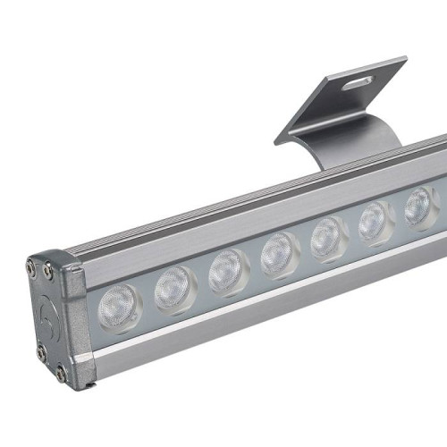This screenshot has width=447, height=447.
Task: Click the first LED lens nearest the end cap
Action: click(x=119, y=303)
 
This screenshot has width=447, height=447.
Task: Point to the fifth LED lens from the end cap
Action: click(x=328, y=237)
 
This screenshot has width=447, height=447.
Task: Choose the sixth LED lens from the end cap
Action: click(x=375, y=221)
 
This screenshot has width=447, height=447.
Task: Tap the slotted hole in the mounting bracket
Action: click(x=357, y=82)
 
